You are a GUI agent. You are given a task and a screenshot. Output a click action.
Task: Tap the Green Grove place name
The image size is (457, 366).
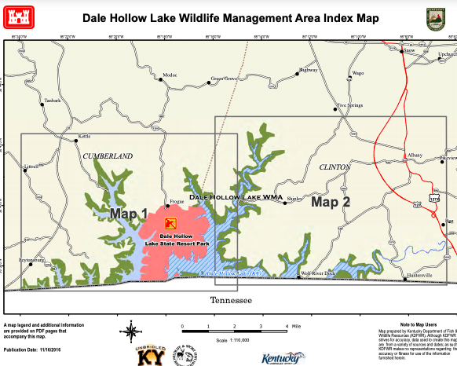click(224, 79)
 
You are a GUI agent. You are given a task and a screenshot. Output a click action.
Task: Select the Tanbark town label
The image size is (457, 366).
click(53, 101)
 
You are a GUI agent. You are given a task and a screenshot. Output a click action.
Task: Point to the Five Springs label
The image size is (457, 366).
click(350, 104)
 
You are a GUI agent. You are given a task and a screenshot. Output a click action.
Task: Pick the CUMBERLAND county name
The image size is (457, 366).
click(108, 156)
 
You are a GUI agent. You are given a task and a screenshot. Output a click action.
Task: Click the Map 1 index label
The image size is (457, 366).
click(129, 214)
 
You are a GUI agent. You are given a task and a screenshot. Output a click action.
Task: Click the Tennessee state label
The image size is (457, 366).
click(231, 300)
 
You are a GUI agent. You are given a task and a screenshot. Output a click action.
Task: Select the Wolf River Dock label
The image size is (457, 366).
click(318, 273)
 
